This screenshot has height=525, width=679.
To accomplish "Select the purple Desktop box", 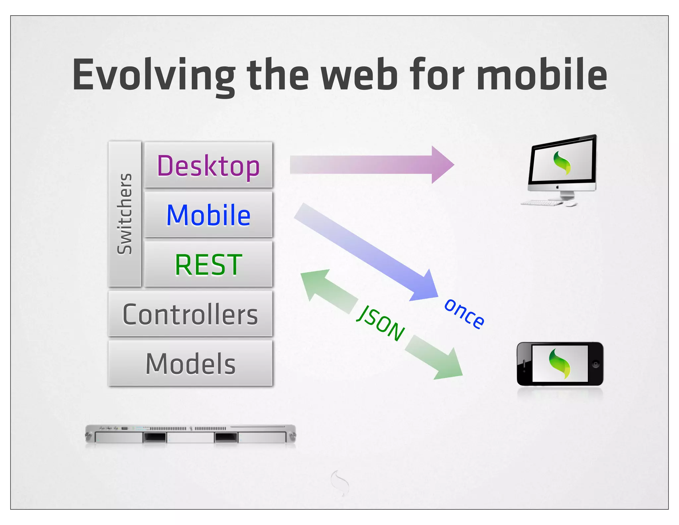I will coord(209,165).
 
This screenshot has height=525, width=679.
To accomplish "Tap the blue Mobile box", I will coord(209,215).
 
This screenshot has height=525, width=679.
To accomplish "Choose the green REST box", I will coord(209,264).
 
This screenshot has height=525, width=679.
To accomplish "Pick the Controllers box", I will coord(190,314).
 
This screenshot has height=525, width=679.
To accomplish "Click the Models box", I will coord(190,363).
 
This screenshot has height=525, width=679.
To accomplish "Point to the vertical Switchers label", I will coord(125,214).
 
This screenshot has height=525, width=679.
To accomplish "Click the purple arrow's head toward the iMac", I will coord(443,165).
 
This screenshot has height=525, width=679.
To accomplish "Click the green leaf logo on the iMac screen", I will coord(562,163).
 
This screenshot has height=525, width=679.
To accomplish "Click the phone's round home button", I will coord(595,364).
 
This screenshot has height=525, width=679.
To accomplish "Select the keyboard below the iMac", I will coord(541,202).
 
